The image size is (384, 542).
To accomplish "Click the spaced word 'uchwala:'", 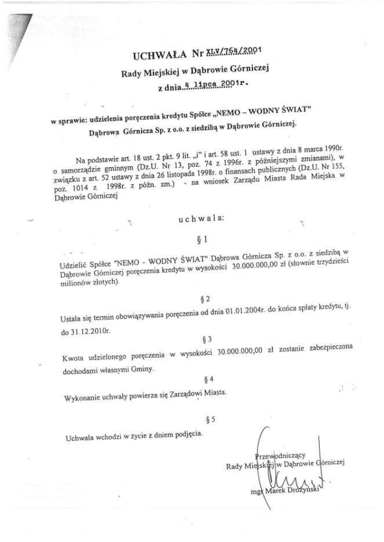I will (x=199, y=218).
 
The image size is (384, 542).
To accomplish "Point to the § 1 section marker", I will (x=201, y=238).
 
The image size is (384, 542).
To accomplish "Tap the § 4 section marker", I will (x=209, y=379).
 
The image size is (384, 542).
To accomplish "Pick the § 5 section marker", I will (x=210, y=418).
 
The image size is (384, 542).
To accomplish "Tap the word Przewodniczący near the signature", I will (x=284, y=453).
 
